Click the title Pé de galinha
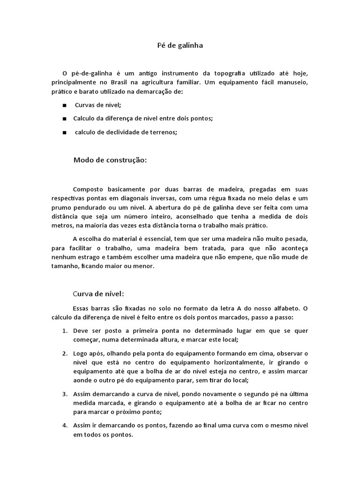(x=180, y=46)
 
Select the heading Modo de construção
(x=110, y=160)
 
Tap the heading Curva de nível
(x=98, y=294)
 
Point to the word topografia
(x=235, y=74)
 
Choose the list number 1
(x=65, y=330)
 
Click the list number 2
(x=65, y=353)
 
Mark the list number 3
(x=65, y=394)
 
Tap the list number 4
(x=65, y=425)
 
